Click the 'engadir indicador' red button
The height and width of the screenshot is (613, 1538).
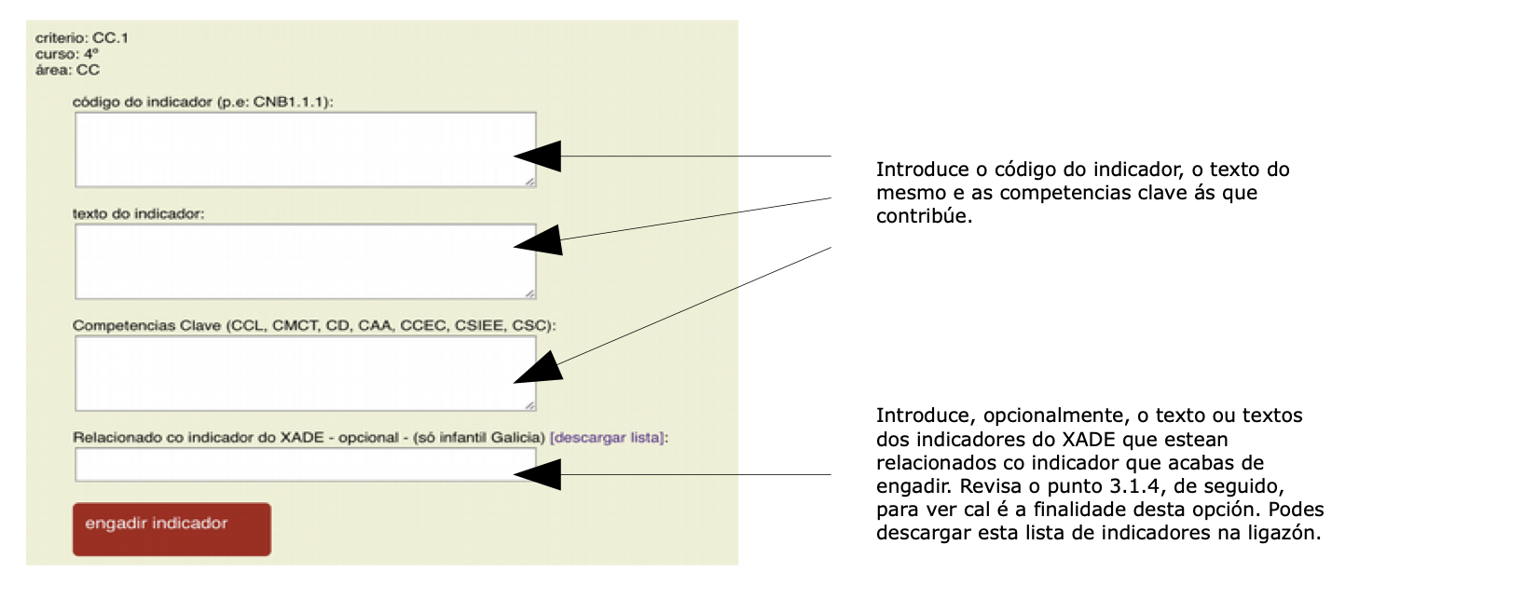[x=172, y=529]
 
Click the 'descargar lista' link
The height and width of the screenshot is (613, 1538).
[x=607, y=437]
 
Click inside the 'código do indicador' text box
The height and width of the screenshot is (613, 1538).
[x=306, y=150]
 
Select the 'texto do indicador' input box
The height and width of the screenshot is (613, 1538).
[x=306, y=262]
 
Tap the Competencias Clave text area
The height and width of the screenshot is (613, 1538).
[x=306, y=374]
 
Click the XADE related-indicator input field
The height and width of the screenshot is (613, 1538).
[x=306, y=465]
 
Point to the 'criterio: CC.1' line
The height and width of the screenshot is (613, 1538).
[x=82, y=38]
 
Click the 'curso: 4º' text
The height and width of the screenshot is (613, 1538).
[x=66, y=53]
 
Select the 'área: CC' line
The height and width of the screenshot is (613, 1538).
[x=67, y=69]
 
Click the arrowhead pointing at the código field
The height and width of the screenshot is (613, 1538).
[x=538, y=156]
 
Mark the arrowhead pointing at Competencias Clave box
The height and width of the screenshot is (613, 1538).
[x=539, y=369]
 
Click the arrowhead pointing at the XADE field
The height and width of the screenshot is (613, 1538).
[x=538, y=474]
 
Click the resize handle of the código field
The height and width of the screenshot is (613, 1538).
[x=530, y=182]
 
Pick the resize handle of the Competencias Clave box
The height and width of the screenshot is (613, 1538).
[x=530, y=405]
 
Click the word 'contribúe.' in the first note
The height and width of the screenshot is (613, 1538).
[x=924, y=216]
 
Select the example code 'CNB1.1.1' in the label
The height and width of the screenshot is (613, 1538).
[x=288, y=102]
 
